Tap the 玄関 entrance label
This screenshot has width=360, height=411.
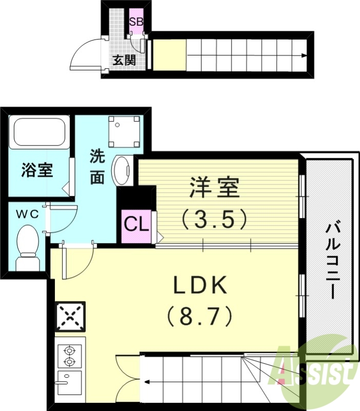pos(124,60)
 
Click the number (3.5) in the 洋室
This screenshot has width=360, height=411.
pos(215,219)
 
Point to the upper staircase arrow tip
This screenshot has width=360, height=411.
pos(307,55)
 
